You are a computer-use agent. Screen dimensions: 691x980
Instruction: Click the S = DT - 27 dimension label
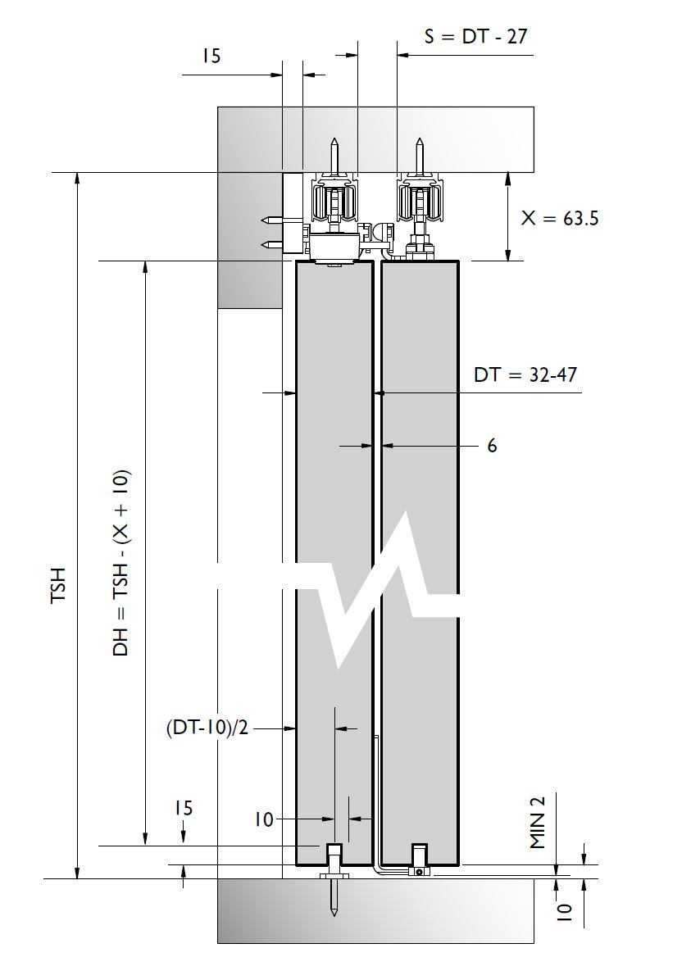point(475,36)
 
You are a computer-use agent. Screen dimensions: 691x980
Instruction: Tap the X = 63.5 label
point(560,218)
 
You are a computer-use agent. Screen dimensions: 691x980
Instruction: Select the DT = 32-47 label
point(525,375)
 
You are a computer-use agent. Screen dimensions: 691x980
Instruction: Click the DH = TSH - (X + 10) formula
point(121,562)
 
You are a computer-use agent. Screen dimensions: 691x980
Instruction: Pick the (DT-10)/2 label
point(207,728)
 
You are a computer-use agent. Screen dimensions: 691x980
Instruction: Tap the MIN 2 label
point(539,823)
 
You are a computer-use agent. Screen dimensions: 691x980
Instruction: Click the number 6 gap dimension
point(492,446)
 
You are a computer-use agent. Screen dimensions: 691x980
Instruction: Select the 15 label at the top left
point(212,57)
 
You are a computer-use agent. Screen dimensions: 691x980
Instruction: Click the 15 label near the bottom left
point(184,808)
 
